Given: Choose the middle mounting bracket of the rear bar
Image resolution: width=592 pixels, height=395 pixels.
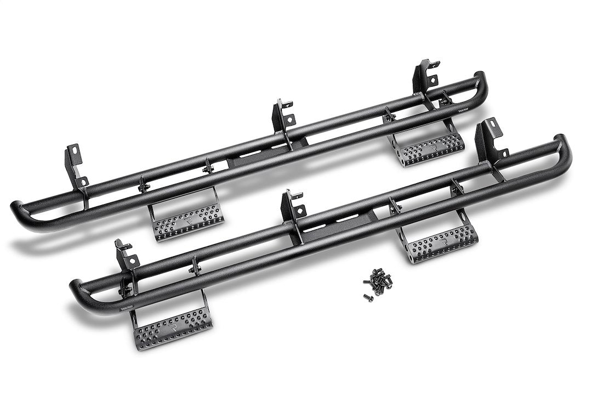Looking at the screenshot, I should coord(284,116).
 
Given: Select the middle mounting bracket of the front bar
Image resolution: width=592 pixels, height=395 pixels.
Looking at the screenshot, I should coord(293,209).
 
